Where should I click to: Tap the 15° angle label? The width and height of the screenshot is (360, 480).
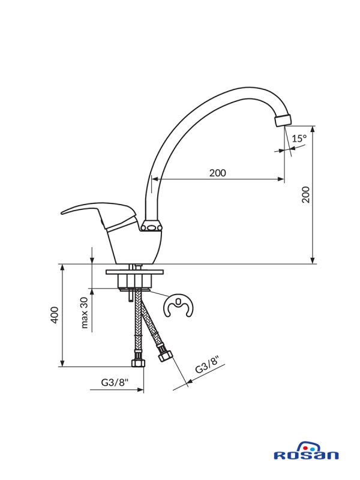299,139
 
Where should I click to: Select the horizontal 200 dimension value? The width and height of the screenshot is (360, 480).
218,173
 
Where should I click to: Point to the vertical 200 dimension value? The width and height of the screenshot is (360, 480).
306,194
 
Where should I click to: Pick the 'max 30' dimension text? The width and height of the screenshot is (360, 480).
85,313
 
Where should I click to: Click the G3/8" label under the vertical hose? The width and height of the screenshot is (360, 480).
115,382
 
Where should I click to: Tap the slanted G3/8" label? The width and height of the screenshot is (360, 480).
208,365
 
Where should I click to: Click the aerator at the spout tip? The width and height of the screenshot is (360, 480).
283,121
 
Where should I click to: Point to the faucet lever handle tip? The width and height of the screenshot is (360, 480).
62,213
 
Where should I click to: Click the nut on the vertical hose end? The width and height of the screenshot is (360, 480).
138,363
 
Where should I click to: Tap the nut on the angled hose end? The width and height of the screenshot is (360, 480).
165,356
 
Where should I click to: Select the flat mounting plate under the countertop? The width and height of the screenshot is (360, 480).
134,272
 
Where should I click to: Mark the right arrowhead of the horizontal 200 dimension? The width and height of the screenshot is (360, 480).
281,179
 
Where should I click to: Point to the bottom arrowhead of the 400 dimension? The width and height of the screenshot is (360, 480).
62,363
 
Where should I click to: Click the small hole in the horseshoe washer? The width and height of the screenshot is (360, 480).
178,302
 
